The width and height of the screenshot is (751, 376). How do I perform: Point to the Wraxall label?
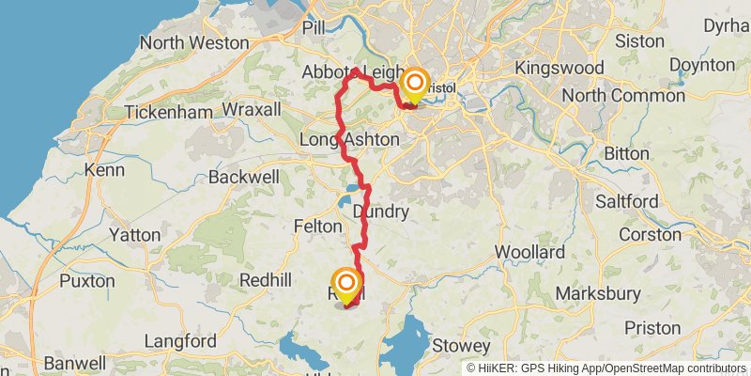(x=252, y=110)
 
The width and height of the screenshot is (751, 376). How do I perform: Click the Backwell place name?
(x=244, y=177)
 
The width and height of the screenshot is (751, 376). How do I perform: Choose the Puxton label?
(x=87, y=280)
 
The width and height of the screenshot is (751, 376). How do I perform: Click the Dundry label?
(x=380, y=212)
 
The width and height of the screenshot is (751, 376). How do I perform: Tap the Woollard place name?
(x=530, y=252)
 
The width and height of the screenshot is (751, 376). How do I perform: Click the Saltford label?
(x=627, y=202)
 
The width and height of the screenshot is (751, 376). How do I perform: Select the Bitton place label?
(x=626, y=153)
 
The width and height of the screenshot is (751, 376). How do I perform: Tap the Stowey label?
(x=461, y=346)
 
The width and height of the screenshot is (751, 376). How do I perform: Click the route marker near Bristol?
(x=414, y=85)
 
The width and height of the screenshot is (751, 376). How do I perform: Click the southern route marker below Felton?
(x=346, y=283)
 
